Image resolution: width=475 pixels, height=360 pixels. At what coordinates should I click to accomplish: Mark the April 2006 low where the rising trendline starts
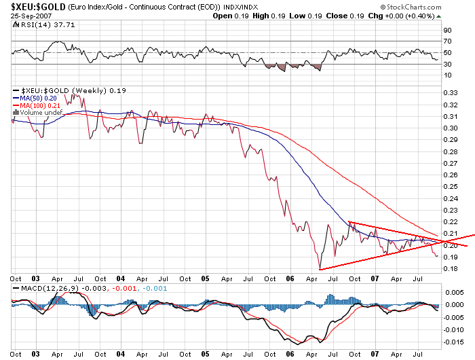tap(318, 270)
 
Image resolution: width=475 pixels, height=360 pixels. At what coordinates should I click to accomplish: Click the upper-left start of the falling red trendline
tap(349, 221)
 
